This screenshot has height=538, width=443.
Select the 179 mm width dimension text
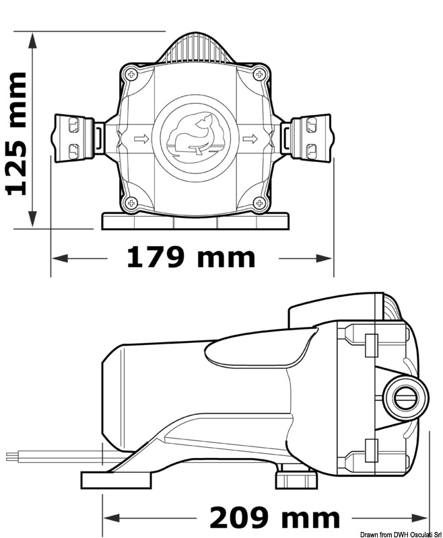click(192, 258)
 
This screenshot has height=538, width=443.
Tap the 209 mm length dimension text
click(274, 518)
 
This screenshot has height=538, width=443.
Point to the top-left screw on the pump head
click(132, 75)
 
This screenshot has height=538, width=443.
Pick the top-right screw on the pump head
click(259, 75)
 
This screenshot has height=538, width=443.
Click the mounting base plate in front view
click(195, 221)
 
